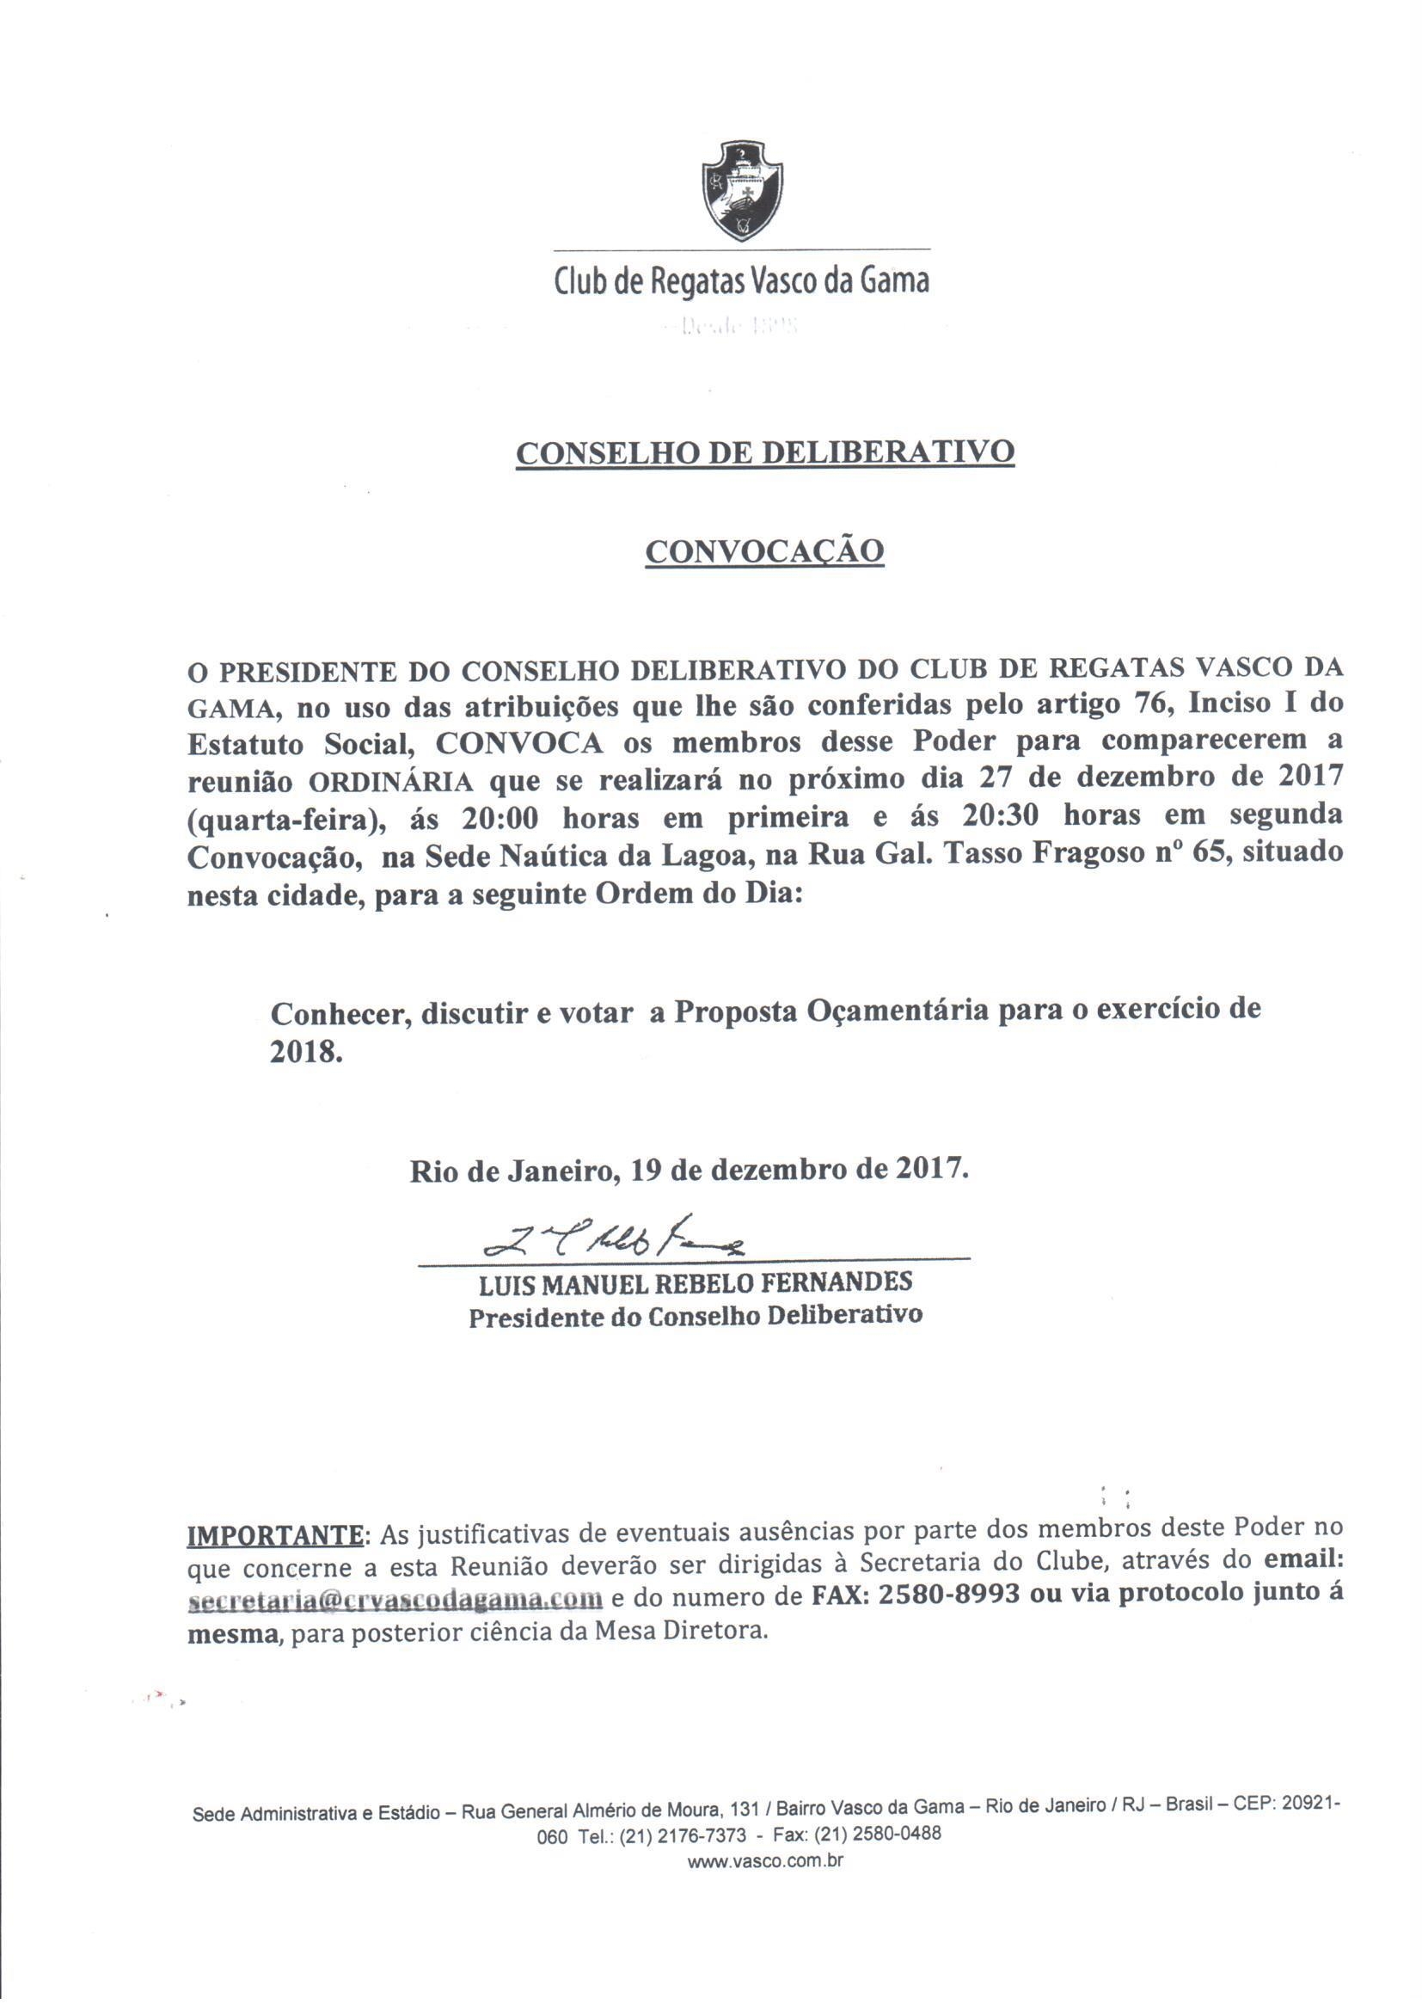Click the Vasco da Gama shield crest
click(742, 190)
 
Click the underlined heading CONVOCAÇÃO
click(763, 551)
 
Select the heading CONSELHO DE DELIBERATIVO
click(764, 452)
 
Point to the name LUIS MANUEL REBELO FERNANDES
click(696, 1284)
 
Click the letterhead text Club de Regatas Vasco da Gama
click(741, 282)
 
